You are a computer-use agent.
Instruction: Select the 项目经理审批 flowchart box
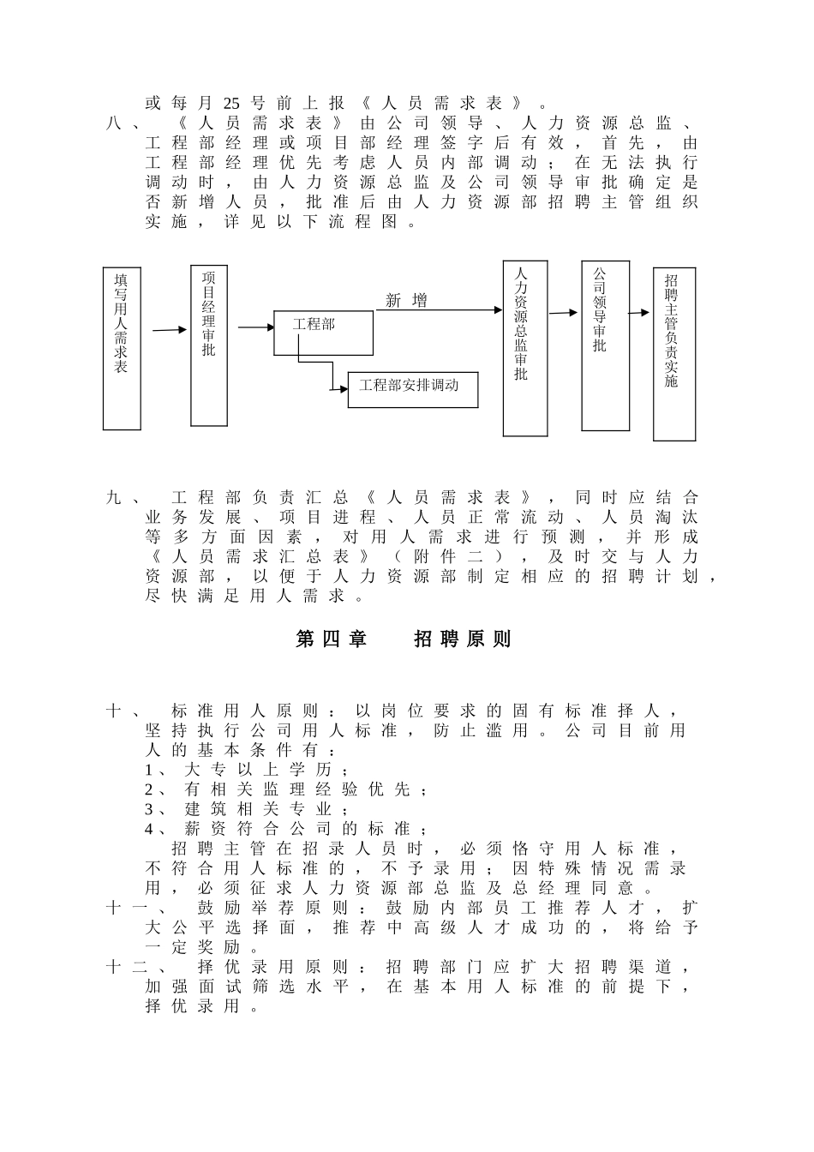point(209,345)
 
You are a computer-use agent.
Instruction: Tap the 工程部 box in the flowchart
point(323,333)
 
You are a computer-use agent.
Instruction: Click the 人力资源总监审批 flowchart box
point(524,348)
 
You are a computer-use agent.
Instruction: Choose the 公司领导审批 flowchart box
point(605,345)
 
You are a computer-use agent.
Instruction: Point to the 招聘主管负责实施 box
point(673,354)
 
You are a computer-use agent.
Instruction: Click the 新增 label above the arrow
point(406,300)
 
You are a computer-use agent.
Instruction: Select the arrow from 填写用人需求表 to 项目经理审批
point(169,329)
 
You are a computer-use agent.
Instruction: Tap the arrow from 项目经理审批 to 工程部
point(254,327)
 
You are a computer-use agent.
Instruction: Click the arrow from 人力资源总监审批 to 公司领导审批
point(563,313)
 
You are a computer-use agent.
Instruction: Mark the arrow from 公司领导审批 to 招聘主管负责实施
point(640,313)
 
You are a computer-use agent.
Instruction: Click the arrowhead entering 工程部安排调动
point(343,389)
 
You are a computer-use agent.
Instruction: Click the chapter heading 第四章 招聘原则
point(404,639)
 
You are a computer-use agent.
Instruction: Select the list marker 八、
point(124,123)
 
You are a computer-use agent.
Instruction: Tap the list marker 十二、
point(133,967)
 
